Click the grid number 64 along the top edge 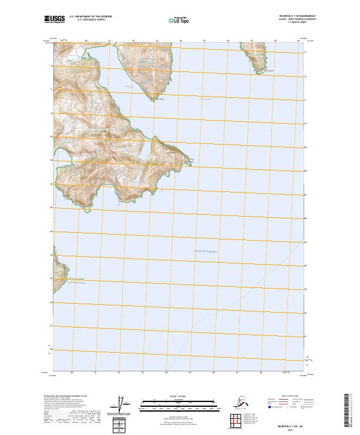click(181, 41)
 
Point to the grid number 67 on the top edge click(251, 41)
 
